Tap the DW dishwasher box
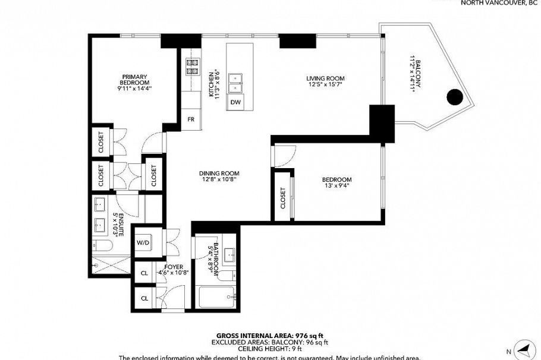point(236,102)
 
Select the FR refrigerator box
point(191,119)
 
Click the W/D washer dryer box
point(143,242)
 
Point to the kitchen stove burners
point(193,67)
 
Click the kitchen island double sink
point(236,83)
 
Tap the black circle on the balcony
point(455,96)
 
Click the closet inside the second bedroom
point(283,198)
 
